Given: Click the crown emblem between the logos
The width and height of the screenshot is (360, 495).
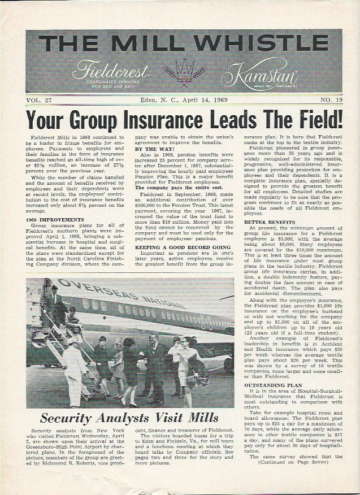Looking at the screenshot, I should (x=180, y=72).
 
